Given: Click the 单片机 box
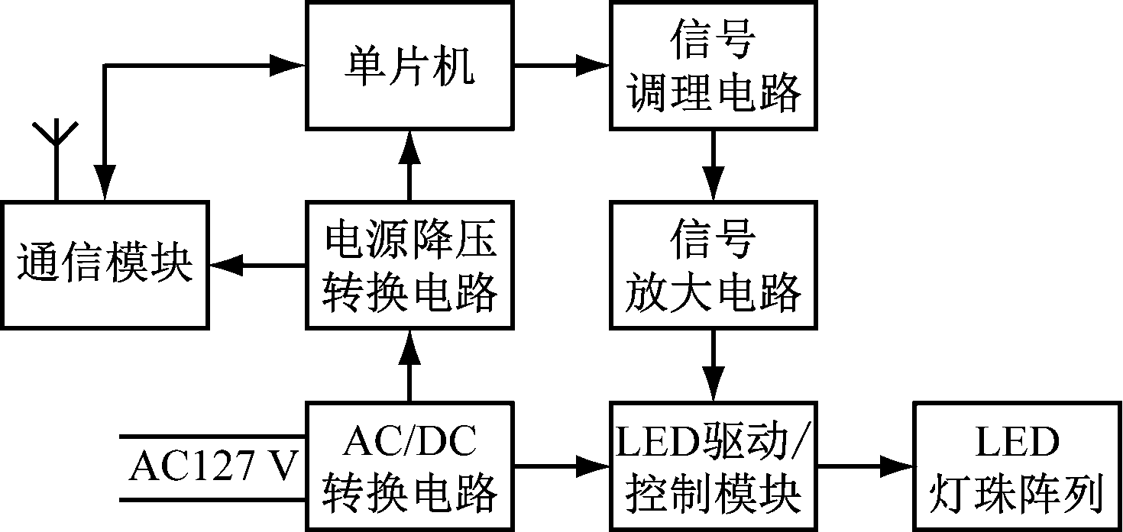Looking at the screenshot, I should pyautogui.click(x=409, y=66).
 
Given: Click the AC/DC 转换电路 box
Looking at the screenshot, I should pyautogui.click(x=409, y=466).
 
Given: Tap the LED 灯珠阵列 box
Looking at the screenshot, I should pyautogui.click(x=1017, y=466).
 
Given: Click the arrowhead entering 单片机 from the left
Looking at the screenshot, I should pyautogui.click(x=290, y=66).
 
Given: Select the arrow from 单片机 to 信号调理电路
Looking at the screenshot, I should pyautogui.click(x=561, y=66).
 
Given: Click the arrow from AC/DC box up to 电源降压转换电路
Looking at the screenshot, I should pyautogui.click(x=409, y=366).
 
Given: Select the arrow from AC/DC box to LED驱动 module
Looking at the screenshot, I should pyautogui.click(x=561, y=466).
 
